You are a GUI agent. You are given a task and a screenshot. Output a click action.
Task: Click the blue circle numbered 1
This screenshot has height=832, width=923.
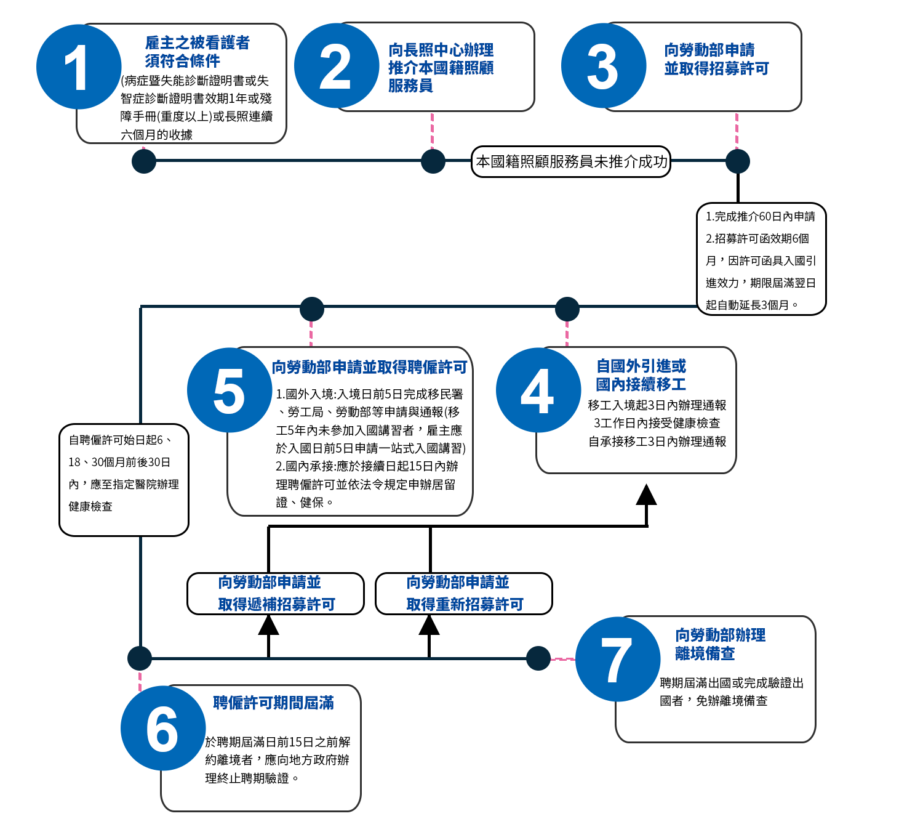[79, 67]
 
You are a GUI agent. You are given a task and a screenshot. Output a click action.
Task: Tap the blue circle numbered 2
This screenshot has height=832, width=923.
[337, 66]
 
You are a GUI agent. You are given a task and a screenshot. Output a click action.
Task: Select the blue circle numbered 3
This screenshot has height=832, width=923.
[604, 66]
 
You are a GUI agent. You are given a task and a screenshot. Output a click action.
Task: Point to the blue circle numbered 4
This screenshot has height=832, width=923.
[538, 390]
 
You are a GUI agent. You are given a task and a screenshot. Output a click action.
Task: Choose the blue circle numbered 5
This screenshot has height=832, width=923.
[230, 390]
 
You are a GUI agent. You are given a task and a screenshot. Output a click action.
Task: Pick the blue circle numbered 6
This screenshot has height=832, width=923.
[163, 729]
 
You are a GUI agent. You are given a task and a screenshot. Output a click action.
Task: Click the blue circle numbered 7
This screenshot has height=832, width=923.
[618, 660]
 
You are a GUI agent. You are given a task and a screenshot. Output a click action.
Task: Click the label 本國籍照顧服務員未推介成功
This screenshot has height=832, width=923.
[571, 161]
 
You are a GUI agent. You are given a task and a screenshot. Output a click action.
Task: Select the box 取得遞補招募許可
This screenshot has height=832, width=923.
[276, 594]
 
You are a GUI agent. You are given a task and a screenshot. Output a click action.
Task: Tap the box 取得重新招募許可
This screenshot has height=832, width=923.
[464, 594]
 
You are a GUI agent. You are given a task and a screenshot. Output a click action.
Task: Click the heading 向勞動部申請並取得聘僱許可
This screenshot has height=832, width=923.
[369, 367]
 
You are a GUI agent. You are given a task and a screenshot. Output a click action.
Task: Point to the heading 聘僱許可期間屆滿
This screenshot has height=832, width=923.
[273, 703]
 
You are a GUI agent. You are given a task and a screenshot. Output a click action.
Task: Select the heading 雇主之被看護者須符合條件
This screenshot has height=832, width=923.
[197, 52]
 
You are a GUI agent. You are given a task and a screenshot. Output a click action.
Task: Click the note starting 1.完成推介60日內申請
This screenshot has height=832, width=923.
[761, 259]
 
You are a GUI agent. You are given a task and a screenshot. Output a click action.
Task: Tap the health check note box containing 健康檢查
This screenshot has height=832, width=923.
[124, 480]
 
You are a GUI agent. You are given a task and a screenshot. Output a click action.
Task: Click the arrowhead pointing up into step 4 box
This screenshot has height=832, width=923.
[646, 495]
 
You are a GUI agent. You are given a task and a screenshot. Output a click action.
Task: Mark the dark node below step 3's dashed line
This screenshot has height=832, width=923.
[738, 161]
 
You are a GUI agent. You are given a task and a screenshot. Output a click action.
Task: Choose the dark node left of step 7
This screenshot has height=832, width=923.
[538, 658]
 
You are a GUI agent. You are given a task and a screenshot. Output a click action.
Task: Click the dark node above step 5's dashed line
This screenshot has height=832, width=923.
[312, 309]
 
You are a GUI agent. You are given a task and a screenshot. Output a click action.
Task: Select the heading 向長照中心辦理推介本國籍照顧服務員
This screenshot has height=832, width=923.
[441, 68]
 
